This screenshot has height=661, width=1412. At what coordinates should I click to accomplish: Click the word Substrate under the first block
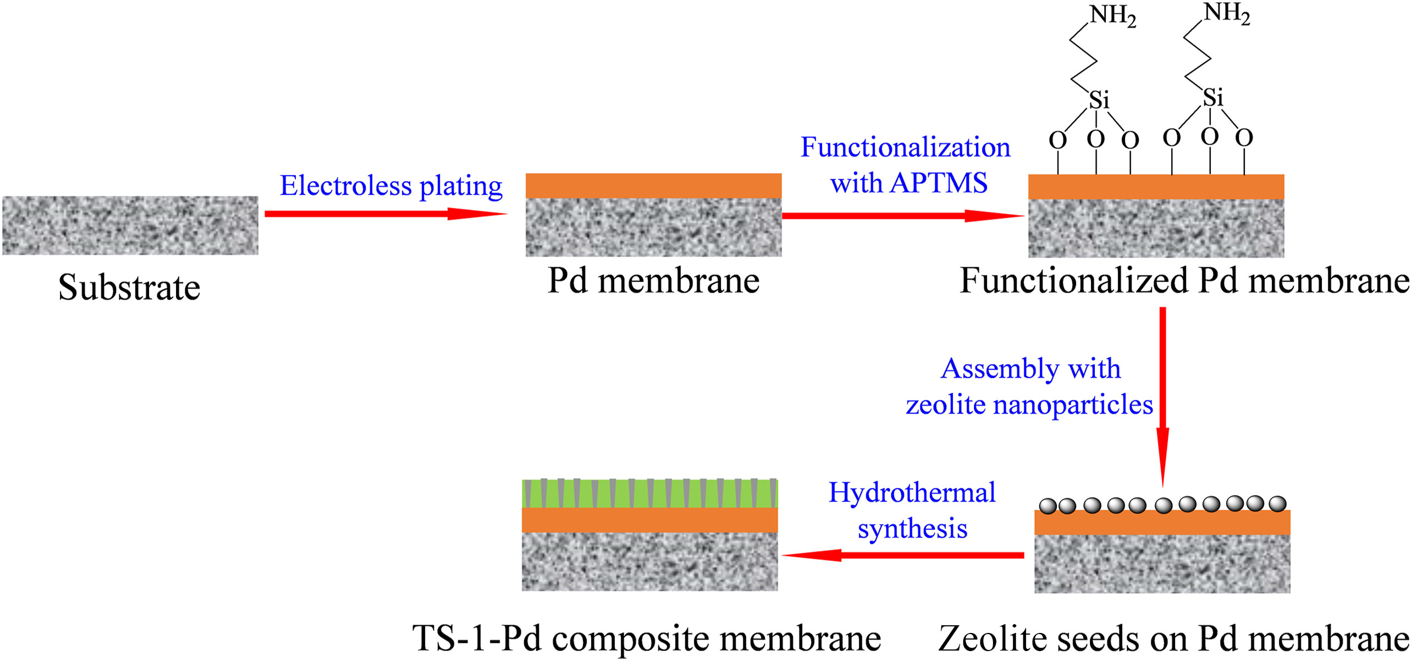pyautogui.click(x=129, y=288)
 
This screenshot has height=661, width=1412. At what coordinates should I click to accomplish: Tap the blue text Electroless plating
pyautogui.click(x=391, y=186)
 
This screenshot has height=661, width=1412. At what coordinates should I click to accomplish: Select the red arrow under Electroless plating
pyautogui.click(x=385, y=213)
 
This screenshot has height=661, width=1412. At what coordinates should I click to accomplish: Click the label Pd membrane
pyautogui.click(x=653, y=281)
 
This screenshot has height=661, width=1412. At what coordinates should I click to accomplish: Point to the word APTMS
pyautogui.click(x=939, y=183)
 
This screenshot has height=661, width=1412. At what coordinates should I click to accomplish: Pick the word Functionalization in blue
pyautogui.click(x=905, y=147)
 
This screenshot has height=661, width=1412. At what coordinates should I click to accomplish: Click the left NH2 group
pyautogui.click(x=1112, y=15)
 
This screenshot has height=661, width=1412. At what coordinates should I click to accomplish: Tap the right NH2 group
pyautogui.click(x=1226, y=13)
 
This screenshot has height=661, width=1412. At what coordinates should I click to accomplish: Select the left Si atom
pyautogui.click(x=1099, y=100)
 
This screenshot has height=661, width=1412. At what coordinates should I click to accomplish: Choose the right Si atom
pyautogui.click(x=1213, y=98)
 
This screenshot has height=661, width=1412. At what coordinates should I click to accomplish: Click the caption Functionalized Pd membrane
pyautogui.click(x=1184, y=281)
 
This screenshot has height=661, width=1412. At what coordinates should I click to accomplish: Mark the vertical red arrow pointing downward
pyautogui.click(x=1162, y=396)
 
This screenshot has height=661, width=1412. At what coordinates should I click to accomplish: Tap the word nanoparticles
pyautogui.click(x=1073, y=405)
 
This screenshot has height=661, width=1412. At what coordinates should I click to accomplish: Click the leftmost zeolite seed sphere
pyautogui.click(x=1047, y=506)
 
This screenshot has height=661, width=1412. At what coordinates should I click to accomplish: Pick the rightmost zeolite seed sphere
pyautogui.click(x=1277, y=503)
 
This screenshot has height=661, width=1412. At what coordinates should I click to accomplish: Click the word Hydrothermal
pyautogui.click(x=912, y=493)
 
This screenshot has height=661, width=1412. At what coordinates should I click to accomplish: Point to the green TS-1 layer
pyautogui.click(x=649, y=493)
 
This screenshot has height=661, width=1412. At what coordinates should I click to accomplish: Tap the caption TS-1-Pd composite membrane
pyautogui.click(x=647, y=639)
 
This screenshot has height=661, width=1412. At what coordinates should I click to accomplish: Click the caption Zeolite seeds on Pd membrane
pyautogui.click(x=1173, y=640)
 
